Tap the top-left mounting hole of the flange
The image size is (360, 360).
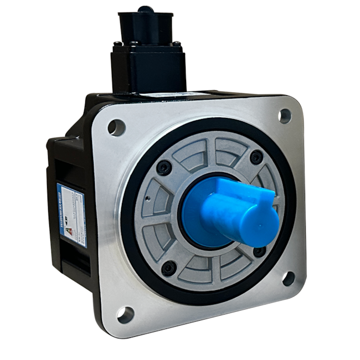click(116, 127)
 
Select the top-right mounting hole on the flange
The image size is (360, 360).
click(285, 115)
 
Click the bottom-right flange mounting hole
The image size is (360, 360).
click(289, 278)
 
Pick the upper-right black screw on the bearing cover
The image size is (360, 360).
click(256, 157)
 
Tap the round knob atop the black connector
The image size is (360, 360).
click(146, 9)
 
